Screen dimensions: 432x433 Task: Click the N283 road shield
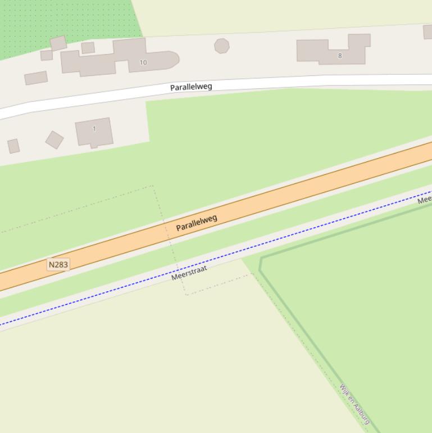click(x=58, y=264)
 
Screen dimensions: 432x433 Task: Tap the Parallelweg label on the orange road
click(x=197, y=223)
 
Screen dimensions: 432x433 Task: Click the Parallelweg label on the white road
click(x=191, y=87)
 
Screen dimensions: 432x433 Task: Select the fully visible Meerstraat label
click(x=189, y=273)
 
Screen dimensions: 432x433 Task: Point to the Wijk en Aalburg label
click(x=354, y=404)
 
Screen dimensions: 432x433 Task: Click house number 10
click(x=143, y=62)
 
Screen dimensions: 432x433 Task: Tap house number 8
click(x=340, y=56)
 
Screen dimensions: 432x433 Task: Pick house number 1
click(x=94, y=129)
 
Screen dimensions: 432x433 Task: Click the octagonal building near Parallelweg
click(x=222, y=46)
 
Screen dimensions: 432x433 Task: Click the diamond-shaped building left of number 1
click(x=54, y=139)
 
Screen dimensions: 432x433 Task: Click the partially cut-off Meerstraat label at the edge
click(x=425, y=199)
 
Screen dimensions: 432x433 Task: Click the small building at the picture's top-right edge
click(x=428, y=31)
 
